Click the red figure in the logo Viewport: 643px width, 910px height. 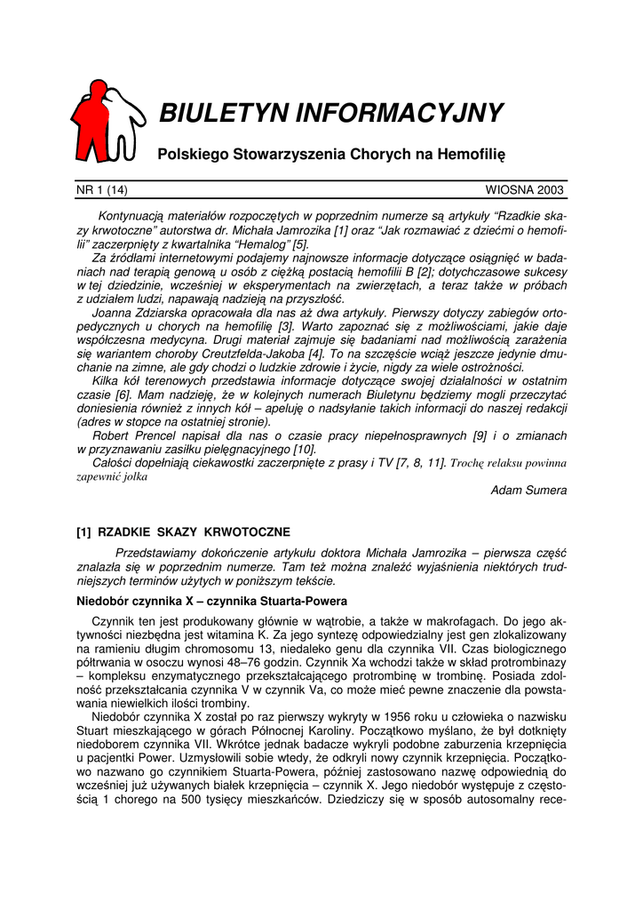coord(91,120)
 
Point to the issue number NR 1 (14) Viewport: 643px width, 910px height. coord(101,189)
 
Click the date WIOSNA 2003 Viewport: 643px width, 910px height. coord(525,189)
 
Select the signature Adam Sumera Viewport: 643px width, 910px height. coord(528,491)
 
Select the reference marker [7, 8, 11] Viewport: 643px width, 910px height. coord(415,463)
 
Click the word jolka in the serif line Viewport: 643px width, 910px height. coord(135,476)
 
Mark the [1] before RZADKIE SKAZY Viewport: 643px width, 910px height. coord(84,532)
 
